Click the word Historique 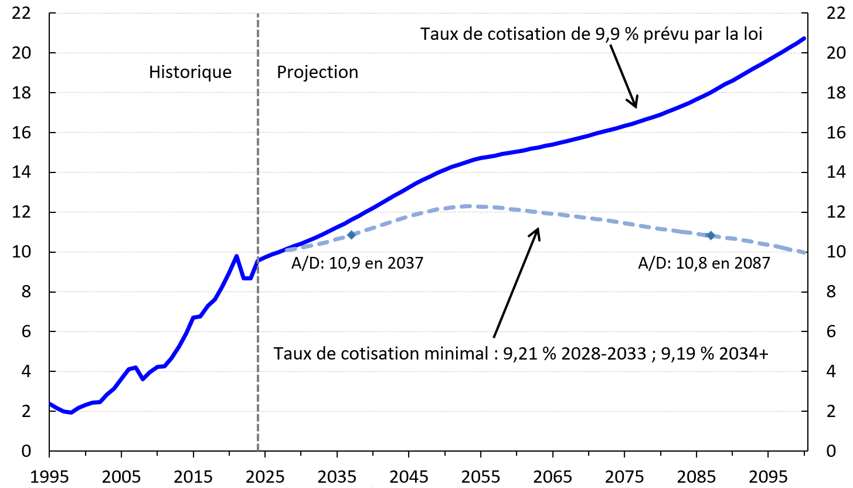tap(190, 72)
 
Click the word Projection tap(317, 72)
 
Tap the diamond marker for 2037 tap(351, 235)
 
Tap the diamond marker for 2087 tap(711, 235)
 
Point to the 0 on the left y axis tap(25, 451)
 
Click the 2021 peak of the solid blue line tap(236, 256)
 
